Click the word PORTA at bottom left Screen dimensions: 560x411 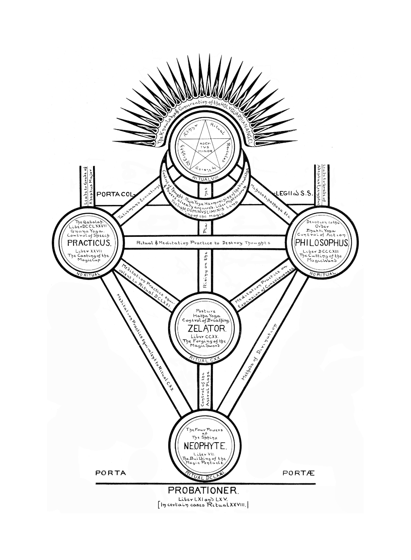tap(111, 473)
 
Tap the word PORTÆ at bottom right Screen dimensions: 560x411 tap(299, 473)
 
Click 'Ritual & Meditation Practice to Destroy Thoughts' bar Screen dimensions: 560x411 tap(203, 243)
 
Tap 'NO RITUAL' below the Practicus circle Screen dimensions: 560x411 tap(88, 275)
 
